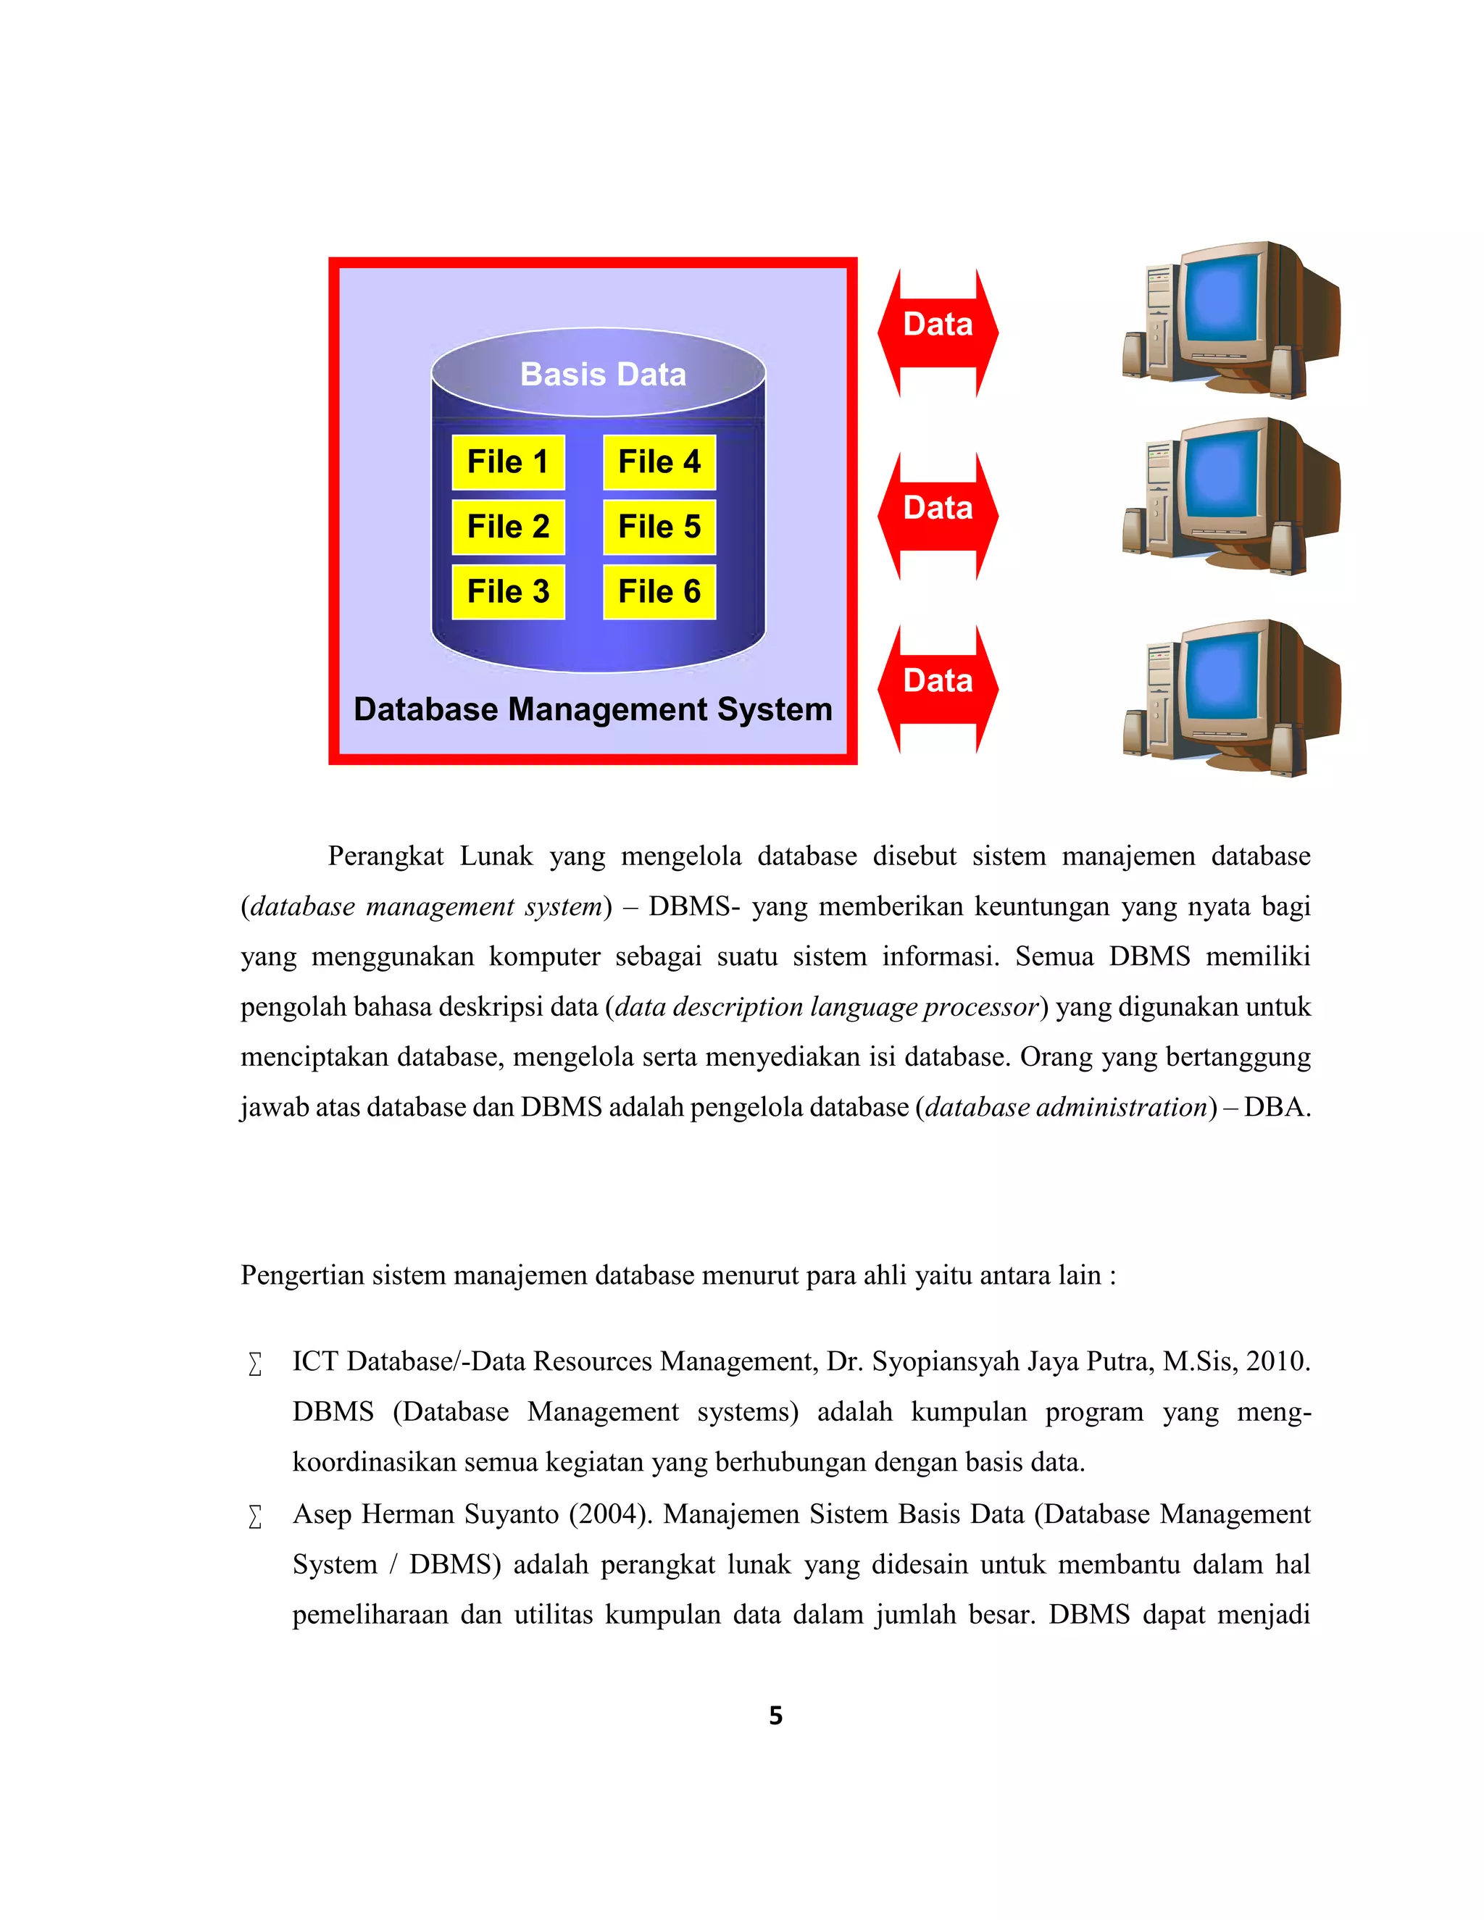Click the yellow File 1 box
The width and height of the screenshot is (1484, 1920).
click(x=507, y=462)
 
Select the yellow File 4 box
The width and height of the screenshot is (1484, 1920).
click(x=659, y=462)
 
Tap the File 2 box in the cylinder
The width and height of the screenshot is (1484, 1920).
click(x=507, y=527)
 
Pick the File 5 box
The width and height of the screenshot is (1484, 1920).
click(x=659, y=527)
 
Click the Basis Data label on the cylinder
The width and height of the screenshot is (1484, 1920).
click(x=602, y=375)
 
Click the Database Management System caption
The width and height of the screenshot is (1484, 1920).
click(x=593, y=709)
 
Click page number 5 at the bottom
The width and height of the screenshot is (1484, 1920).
click(x=775, y=1715)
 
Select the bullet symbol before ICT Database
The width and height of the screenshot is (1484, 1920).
click(x=255, y=1364)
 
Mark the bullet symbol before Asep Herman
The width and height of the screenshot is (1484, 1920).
click(x=255, y=1516)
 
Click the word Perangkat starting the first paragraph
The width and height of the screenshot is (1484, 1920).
click(x=385, y=856)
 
